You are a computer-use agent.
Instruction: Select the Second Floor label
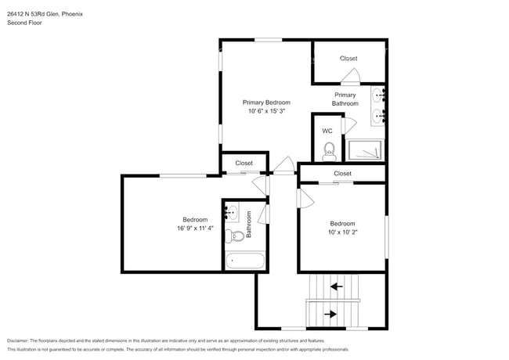[x=24, y=23]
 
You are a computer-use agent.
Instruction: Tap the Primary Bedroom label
[x=266, y=103]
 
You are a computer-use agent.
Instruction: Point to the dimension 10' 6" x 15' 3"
[x=266, y=111]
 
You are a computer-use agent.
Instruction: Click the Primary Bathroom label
[x=345, y=99]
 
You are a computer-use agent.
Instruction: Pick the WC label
[x=327, y=131]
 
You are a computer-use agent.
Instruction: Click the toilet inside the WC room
[x=329, y=148]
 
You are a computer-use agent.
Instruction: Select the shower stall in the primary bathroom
[x=366, y=149]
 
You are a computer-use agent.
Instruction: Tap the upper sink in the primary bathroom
[x=379, y=97]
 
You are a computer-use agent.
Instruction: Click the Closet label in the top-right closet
[x=348, y=59]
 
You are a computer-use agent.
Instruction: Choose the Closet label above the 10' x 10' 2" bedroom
[x=342, y=173]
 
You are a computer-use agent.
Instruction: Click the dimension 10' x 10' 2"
[x=342, y=232]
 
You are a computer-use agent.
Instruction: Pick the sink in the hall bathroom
[x=232, y=211]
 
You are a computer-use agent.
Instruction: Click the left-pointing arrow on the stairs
[x=336, y=287]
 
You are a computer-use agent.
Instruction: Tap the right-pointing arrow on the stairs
[x=331, y=315]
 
